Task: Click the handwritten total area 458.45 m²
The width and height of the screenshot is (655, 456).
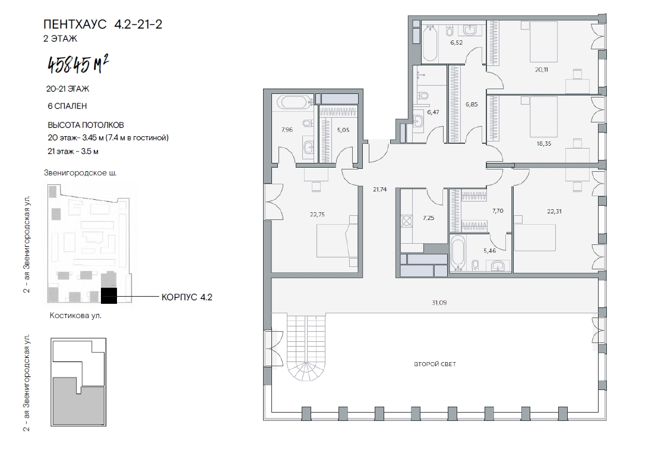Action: (78, 65)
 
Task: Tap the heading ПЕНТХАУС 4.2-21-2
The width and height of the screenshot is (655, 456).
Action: (103, 24)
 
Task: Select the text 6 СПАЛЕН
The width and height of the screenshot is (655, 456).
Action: (67, 106)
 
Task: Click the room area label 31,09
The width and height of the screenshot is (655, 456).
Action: (439, 303)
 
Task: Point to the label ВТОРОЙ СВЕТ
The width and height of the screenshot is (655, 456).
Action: (435, 364)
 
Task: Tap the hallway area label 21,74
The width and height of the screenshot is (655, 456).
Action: (379, 190)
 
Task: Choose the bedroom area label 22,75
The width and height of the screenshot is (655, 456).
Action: (317, 215)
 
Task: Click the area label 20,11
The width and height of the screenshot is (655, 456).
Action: (542, 70)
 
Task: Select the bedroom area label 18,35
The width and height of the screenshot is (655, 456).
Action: (544, 144)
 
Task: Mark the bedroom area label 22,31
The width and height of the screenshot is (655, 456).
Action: (554, 212)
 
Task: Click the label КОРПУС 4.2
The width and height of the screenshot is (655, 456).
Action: (186, 297)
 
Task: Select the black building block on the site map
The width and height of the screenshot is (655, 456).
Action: (109, 295)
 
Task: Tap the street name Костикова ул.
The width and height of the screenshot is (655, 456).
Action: (75, 316)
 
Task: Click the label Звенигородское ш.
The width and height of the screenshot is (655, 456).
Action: (80, 173)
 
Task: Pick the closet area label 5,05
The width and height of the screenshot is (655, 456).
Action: (343, 130)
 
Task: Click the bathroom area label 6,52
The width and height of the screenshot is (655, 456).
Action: (456, 43)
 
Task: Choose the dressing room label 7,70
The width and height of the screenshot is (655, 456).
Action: (498, 211)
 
